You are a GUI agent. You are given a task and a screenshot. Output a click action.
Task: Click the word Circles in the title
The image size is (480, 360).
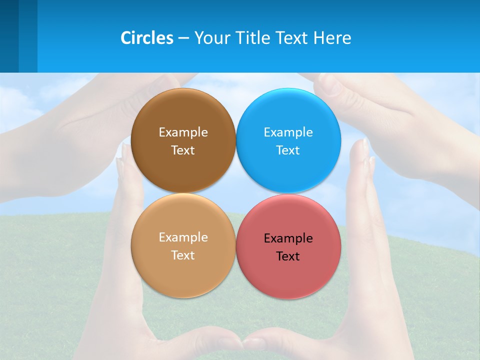tap(147, 38)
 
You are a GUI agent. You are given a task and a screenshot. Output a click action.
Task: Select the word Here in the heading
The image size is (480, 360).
tap(332, 38)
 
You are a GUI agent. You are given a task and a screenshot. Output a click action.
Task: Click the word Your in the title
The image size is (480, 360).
tap(211, 38)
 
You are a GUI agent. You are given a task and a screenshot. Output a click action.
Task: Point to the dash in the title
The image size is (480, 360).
tap(183, 38)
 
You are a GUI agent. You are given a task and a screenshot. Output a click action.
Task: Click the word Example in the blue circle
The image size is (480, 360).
tap(288, 132)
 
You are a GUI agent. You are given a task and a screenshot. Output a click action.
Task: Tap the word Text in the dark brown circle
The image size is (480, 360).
tap(183, 150)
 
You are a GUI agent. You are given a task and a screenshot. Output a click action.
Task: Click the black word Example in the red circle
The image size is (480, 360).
tap(288, 238)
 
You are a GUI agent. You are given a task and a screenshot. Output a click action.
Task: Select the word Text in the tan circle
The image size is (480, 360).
tap(183, 255)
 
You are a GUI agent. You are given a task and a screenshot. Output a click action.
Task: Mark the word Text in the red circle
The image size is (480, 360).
tap(288, 256)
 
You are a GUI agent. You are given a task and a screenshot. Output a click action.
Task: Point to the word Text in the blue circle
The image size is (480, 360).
tap(288, 150)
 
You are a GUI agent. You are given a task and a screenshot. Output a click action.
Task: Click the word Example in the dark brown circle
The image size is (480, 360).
tap(183, 132)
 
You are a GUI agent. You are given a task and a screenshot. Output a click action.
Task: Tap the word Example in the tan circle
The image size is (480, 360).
tap(183, 237)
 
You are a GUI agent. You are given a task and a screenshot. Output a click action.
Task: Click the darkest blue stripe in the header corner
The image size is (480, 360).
tap(9, 36)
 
